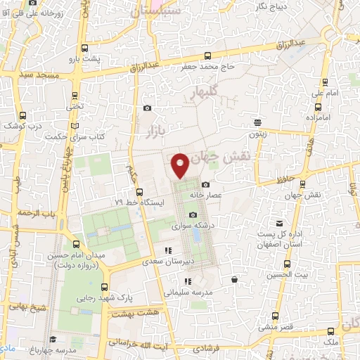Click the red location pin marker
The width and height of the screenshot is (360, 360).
click(x=181, y=165)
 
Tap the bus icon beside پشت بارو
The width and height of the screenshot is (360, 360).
click(x=85, y=48)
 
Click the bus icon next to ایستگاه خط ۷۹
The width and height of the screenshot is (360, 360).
click(x=139, y=192)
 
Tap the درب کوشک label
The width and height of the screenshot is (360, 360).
click(x=22, y=125)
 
